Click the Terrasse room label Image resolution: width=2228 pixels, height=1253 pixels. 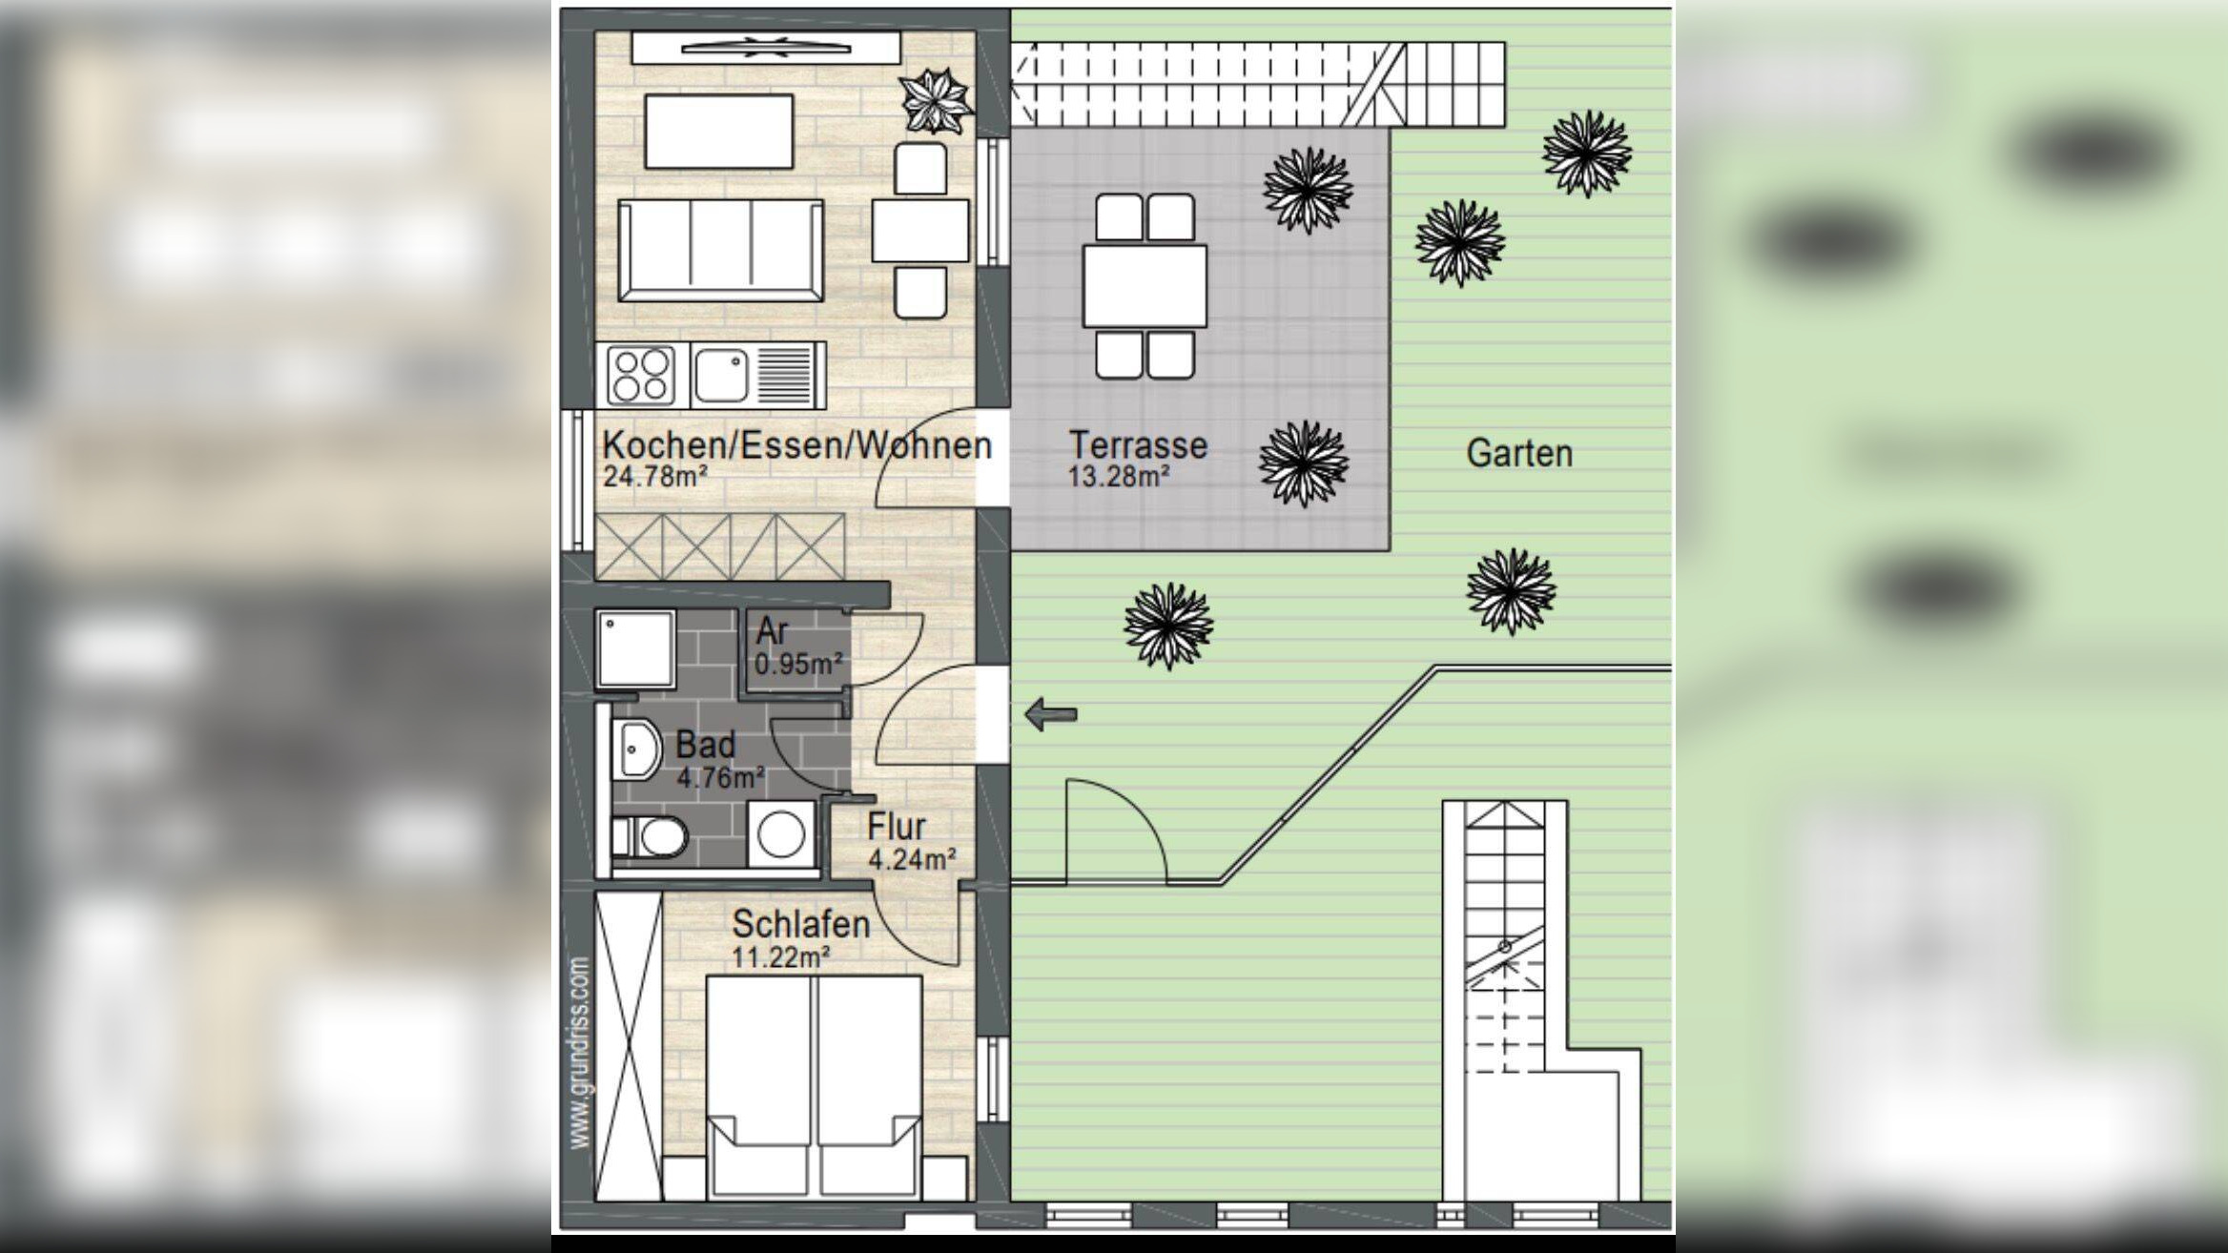1138,444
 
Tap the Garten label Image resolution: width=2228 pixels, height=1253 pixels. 1519,453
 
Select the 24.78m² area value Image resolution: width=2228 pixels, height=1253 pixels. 654,476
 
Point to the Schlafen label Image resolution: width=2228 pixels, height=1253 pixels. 801,923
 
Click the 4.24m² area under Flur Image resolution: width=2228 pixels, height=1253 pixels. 912,860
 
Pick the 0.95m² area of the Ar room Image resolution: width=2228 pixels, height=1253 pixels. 798,663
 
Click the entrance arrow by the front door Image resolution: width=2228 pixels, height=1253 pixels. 1051,713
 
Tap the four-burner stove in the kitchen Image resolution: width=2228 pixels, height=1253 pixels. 641,376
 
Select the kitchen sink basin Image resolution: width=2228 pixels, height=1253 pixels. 721,376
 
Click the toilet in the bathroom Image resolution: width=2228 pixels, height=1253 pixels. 650,837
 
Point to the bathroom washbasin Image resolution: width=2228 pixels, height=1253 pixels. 635,749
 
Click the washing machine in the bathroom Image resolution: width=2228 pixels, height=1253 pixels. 781,834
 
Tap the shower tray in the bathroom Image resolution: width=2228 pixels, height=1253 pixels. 635,648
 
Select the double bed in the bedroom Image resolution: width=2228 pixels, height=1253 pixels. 814,1085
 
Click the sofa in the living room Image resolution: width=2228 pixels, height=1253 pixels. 720,251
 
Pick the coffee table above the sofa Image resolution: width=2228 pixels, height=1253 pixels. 719,132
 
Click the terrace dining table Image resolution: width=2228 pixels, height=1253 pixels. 1145,286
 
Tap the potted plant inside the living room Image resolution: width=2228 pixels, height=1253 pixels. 936,102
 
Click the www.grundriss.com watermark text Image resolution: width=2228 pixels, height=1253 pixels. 579,1053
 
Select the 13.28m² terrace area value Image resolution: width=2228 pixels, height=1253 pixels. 1119,476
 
